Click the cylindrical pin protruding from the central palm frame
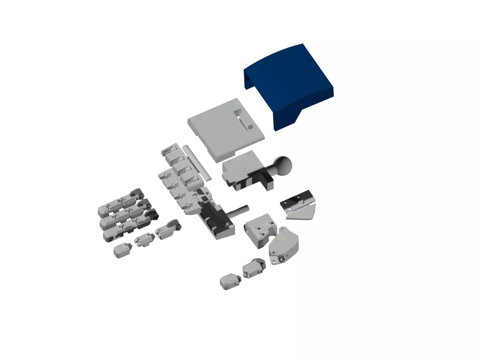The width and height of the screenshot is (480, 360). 238,210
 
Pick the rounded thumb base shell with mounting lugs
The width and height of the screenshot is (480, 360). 283,246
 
